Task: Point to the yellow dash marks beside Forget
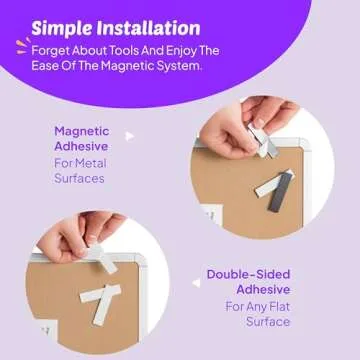pos(21,46)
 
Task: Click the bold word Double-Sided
pos(249,274)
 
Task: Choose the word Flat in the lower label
pos(276,306)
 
